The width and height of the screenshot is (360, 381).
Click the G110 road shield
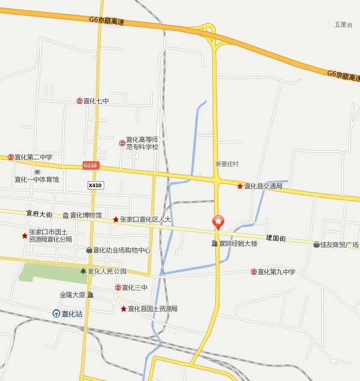coord(90,165)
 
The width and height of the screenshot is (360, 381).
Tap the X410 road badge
coord(95,185)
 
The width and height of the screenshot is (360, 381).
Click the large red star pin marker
coord(218,222)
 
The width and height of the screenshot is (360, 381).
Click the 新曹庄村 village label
coord(227,164)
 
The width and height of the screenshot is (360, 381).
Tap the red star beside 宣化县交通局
coord(240,186)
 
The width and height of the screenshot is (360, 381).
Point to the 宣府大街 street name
coord(39,214)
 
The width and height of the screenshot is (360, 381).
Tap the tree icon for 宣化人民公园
coord(83,271)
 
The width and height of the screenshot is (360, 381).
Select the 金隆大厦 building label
coord(73,295)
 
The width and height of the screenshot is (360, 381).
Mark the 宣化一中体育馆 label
coord(37,179)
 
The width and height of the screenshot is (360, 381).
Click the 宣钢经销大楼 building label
coord(238,244)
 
